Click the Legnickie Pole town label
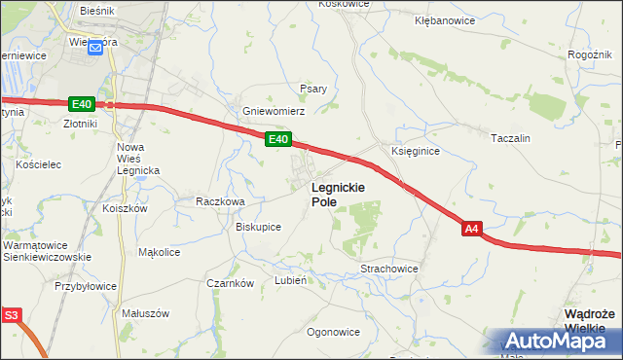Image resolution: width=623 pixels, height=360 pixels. tap(338, 195)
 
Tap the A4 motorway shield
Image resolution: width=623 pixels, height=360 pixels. tap(471, 229)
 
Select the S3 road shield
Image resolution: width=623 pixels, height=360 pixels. tap(11, 315)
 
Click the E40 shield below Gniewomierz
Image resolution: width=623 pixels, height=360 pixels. tap(277, 141)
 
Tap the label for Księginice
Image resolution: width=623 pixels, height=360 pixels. tap(416, 152)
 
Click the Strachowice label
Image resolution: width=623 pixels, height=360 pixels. tap(389, 268)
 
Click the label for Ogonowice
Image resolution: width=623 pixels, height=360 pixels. tap(334, 332)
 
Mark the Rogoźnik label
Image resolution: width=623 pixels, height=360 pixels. tap(587, 55)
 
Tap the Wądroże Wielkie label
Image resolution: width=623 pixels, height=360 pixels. tap(589, 320)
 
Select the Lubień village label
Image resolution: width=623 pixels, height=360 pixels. tap(291, 280)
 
